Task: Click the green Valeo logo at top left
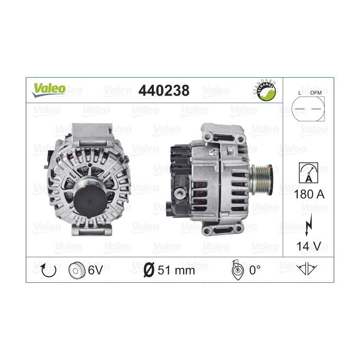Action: [49, 90]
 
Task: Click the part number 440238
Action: [164, 91]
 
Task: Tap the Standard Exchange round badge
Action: [266, 91]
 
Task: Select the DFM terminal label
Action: [316, 93]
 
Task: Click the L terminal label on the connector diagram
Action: [300, 93]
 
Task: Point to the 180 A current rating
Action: [309, 194]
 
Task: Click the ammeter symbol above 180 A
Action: [309, 173]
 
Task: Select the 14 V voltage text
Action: [309, 246]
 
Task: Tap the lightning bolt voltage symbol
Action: [309, 225]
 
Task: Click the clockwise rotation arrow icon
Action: [48, 270]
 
